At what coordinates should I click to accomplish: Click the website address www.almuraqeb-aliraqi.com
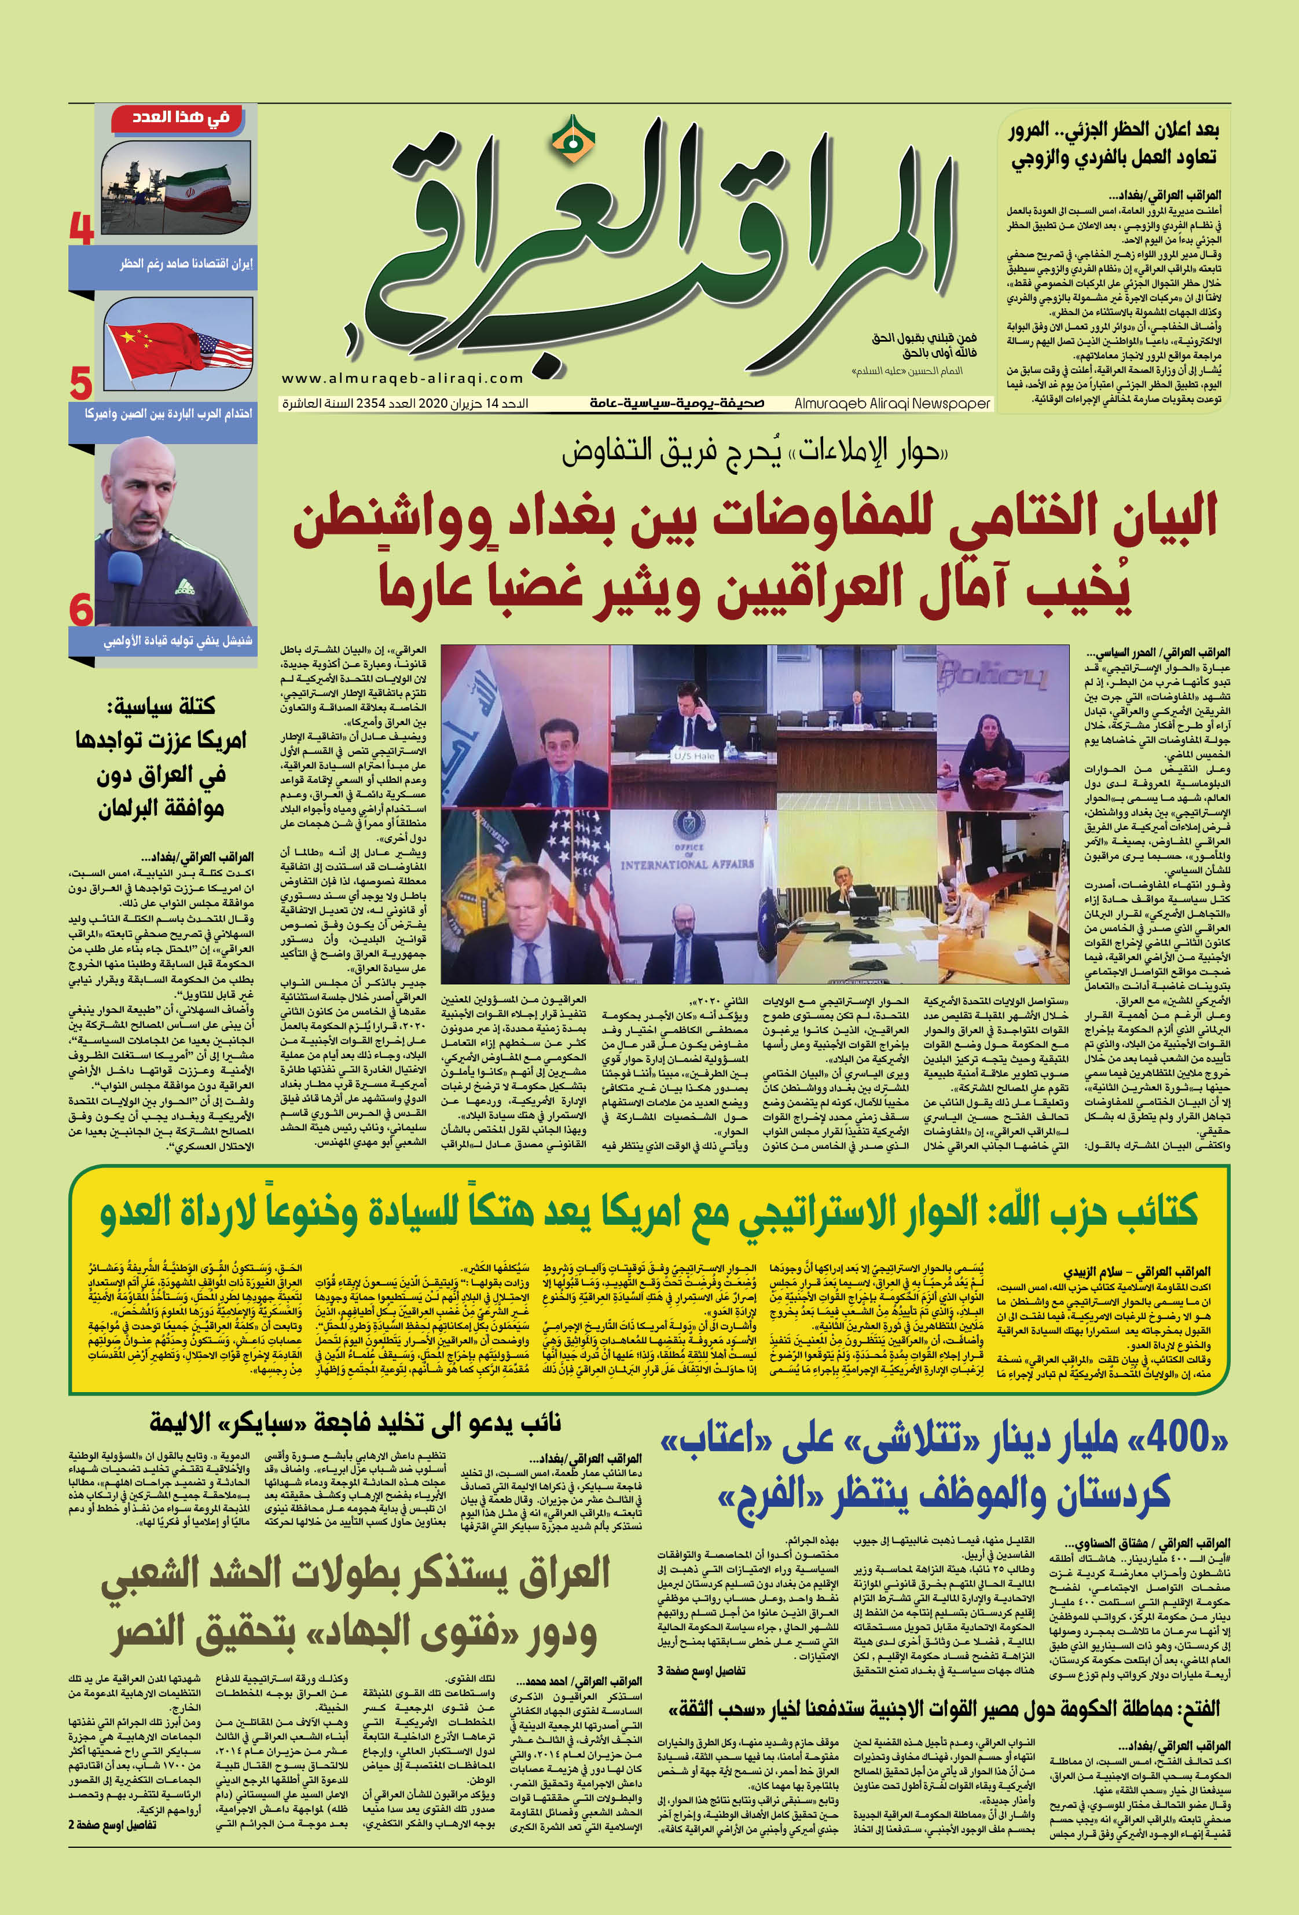402,378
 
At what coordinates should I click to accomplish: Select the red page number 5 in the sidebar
80,383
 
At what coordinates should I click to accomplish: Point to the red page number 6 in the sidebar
80,610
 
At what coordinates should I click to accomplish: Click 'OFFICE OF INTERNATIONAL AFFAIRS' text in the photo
687,858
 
